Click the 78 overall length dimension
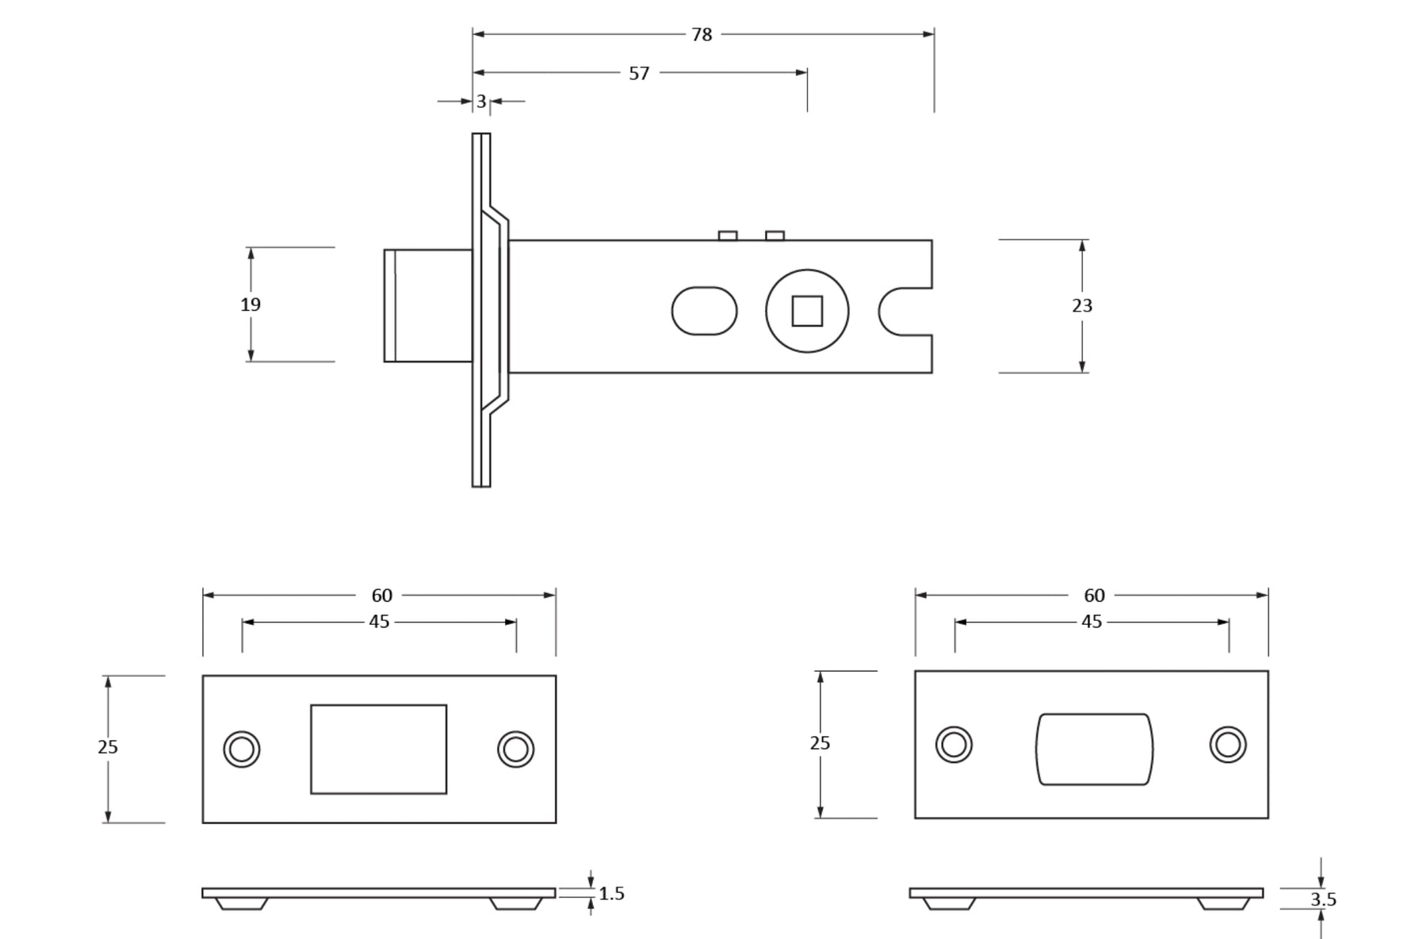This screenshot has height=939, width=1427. pos(702,35)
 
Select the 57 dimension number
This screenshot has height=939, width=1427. pos(639,74)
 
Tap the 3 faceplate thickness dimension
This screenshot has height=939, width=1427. pos(481,102)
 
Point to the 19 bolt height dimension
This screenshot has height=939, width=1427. pos(251,305)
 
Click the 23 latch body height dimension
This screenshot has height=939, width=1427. pos(1082,306)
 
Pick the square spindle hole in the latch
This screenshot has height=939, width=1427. pos(807,311)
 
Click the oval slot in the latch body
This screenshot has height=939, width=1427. pos(704,311)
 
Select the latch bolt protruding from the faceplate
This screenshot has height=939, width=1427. pos(428,305)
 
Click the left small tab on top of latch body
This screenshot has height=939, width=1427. pos(728,236)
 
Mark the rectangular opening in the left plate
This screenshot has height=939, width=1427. pos(378,749)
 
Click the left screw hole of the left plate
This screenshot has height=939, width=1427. pos(242,749)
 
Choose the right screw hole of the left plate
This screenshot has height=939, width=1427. pos(515,749)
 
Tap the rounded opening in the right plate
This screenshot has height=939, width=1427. pos(1094,749)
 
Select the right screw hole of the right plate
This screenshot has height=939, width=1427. pos(1228,745)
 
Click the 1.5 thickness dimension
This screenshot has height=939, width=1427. pos(611,894)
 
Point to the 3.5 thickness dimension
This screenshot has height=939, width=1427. pos(1323,899)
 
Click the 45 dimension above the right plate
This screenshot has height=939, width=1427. pos(1092,622)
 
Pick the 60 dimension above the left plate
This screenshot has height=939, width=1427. pos(381,595)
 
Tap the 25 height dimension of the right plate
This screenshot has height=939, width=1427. pos(820,743)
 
